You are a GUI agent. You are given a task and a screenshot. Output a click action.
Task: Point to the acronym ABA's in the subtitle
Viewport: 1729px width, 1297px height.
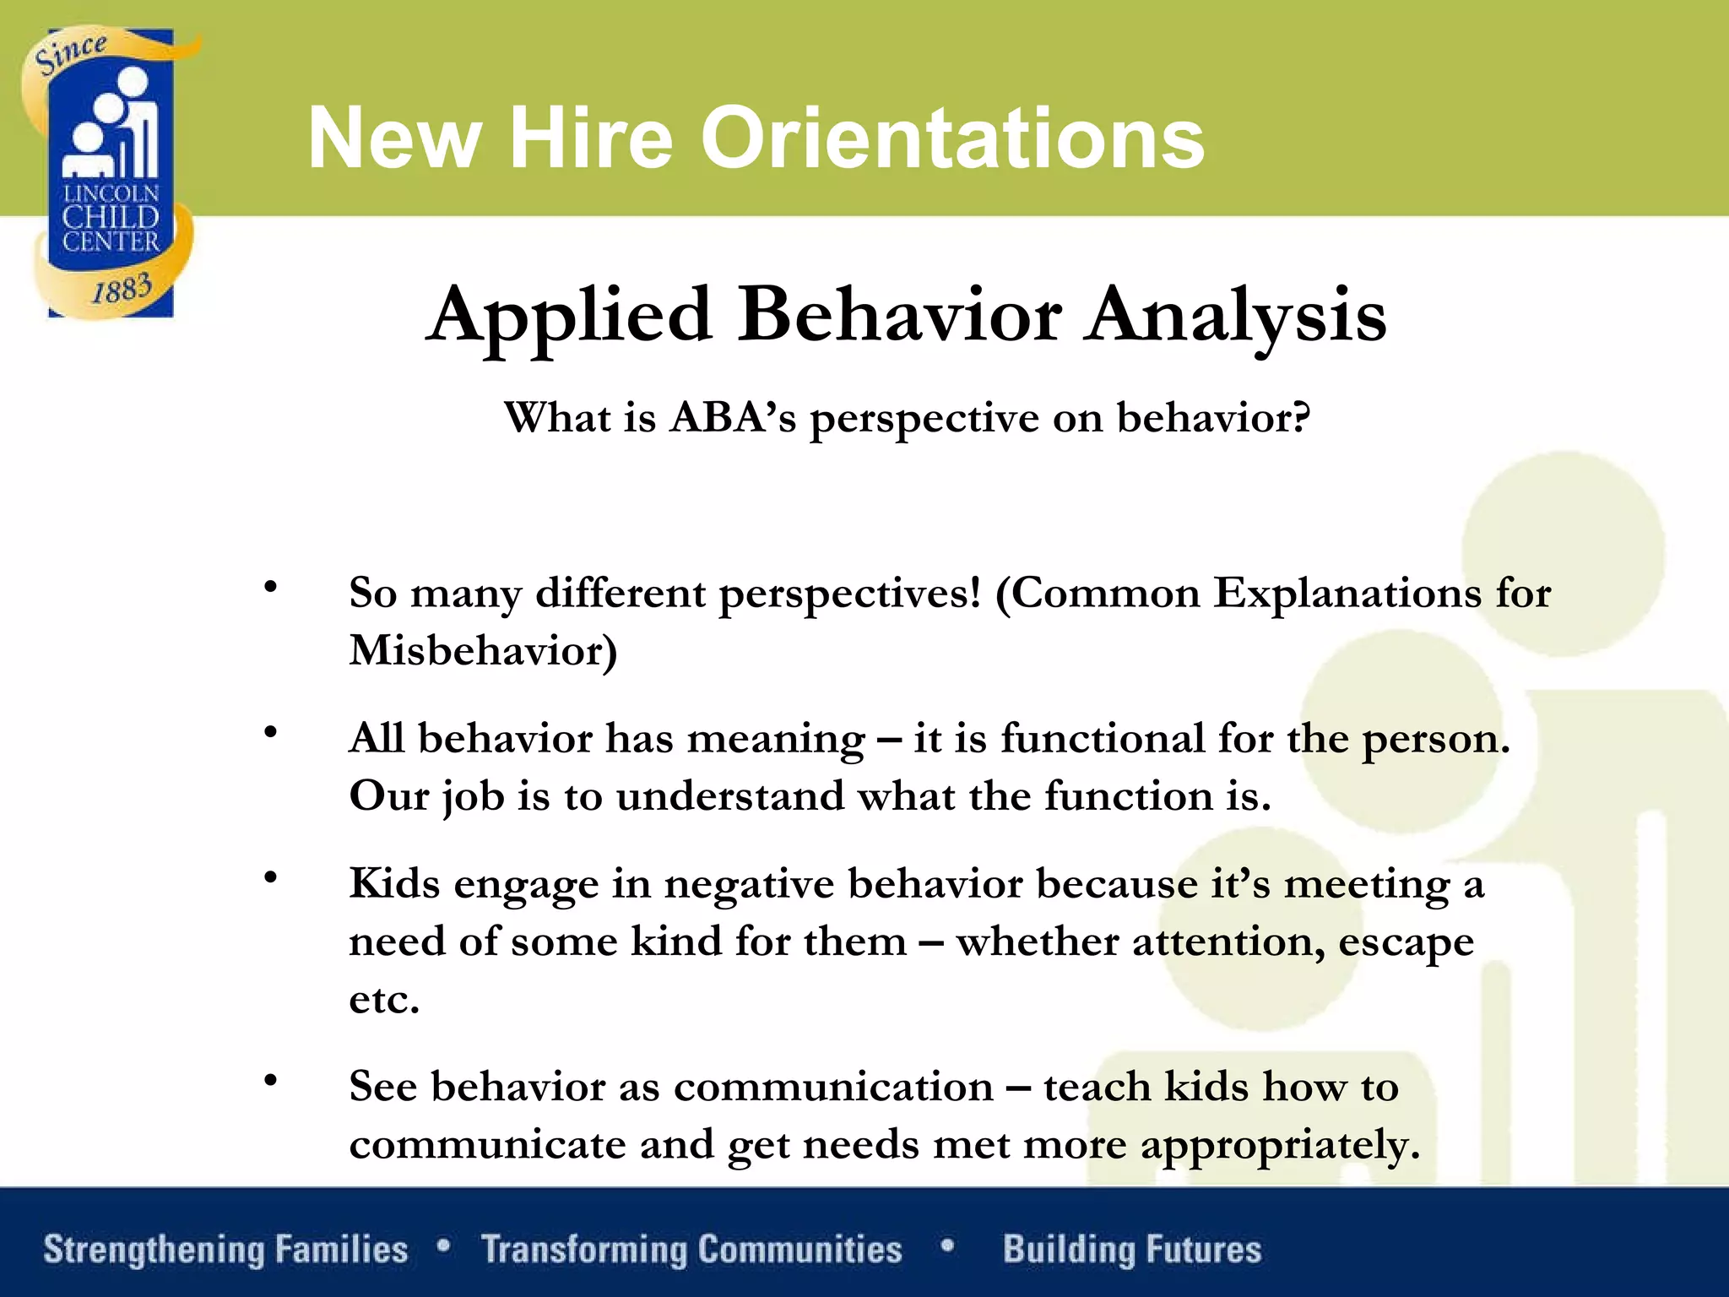coord(733,417)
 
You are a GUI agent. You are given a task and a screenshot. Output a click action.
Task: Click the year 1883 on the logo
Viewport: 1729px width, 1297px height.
coord(122,290)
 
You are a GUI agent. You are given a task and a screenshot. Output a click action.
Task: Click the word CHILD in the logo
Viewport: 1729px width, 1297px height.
coord(111,218)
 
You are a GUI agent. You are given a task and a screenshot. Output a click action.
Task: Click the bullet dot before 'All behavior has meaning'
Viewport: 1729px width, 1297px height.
coord(270,732)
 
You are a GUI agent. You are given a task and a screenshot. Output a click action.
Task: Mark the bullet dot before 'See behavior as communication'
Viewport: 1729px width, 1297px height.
coord(270,1080)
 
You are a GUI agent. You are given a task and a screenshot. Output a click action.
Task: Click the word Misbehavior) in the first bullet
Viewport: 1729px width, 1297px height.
coord(483,651)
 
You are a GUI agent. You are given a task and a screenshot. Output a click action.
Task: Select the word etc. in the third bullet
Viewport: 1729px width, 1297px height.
coord(384,1000)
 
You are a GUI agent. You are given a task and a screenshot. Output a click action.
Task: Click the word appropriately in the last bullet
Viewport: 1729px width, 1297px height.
coord(1280,1146)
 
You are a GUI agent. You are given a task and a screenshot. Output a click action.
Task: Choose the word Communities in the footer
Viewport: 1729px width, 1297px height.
coord(799,1250)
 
